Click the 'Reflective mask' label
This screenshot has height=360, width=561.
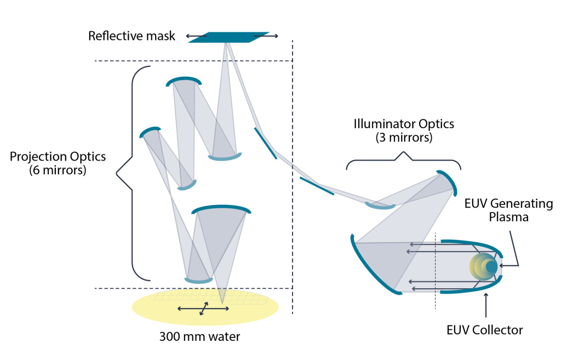pyautogui.click(x=131, y=36)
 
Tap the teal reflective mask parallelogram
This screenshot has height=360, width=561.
pyautogui.click(x=229, y=37)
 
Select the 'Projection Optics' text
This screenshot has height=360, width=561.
pyautogui.click(x=58, y=156)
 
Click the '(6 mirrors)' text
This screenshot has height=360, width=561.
pyautogui.click(x=58, y=170)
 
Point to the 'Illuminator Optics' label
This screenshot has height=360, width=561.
pyautogui.click(x=404, y=124)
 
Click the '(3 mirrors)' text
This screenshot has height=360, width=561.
pyautogui.click(x=404, y=138)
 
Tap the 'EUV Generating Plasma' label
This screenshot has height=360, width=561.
pyautogui.click(x=508, y=210)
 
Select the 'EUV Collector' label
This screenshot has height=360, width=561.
pyautogui.click(x=484, y=330)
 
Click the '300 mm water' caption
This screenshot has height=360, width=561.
pyautogui.click(x=199, y=337)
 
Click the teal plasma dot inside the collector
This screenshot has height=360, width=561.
pyautogui.click(x=491, y=267)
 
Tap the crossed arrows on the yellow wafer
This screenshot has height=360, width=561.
pyautogui.click(x=203, y=308)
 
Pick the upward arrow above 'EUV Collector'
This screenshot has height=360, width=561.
pyautogui.click(x=485, y=305)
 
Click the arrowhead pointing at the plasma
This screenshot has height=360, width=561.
pyautogui.click(x=502, y=266)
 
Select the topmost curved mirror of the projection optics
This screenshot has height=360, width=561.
pyautogui.click(x=184, y=80)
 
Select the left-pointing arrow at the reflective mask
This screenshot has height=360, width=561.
pyautogui.click(x=197, y=36)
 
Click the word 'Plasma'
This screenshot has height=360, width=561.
pyautogui.click(x=508, y=217)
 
